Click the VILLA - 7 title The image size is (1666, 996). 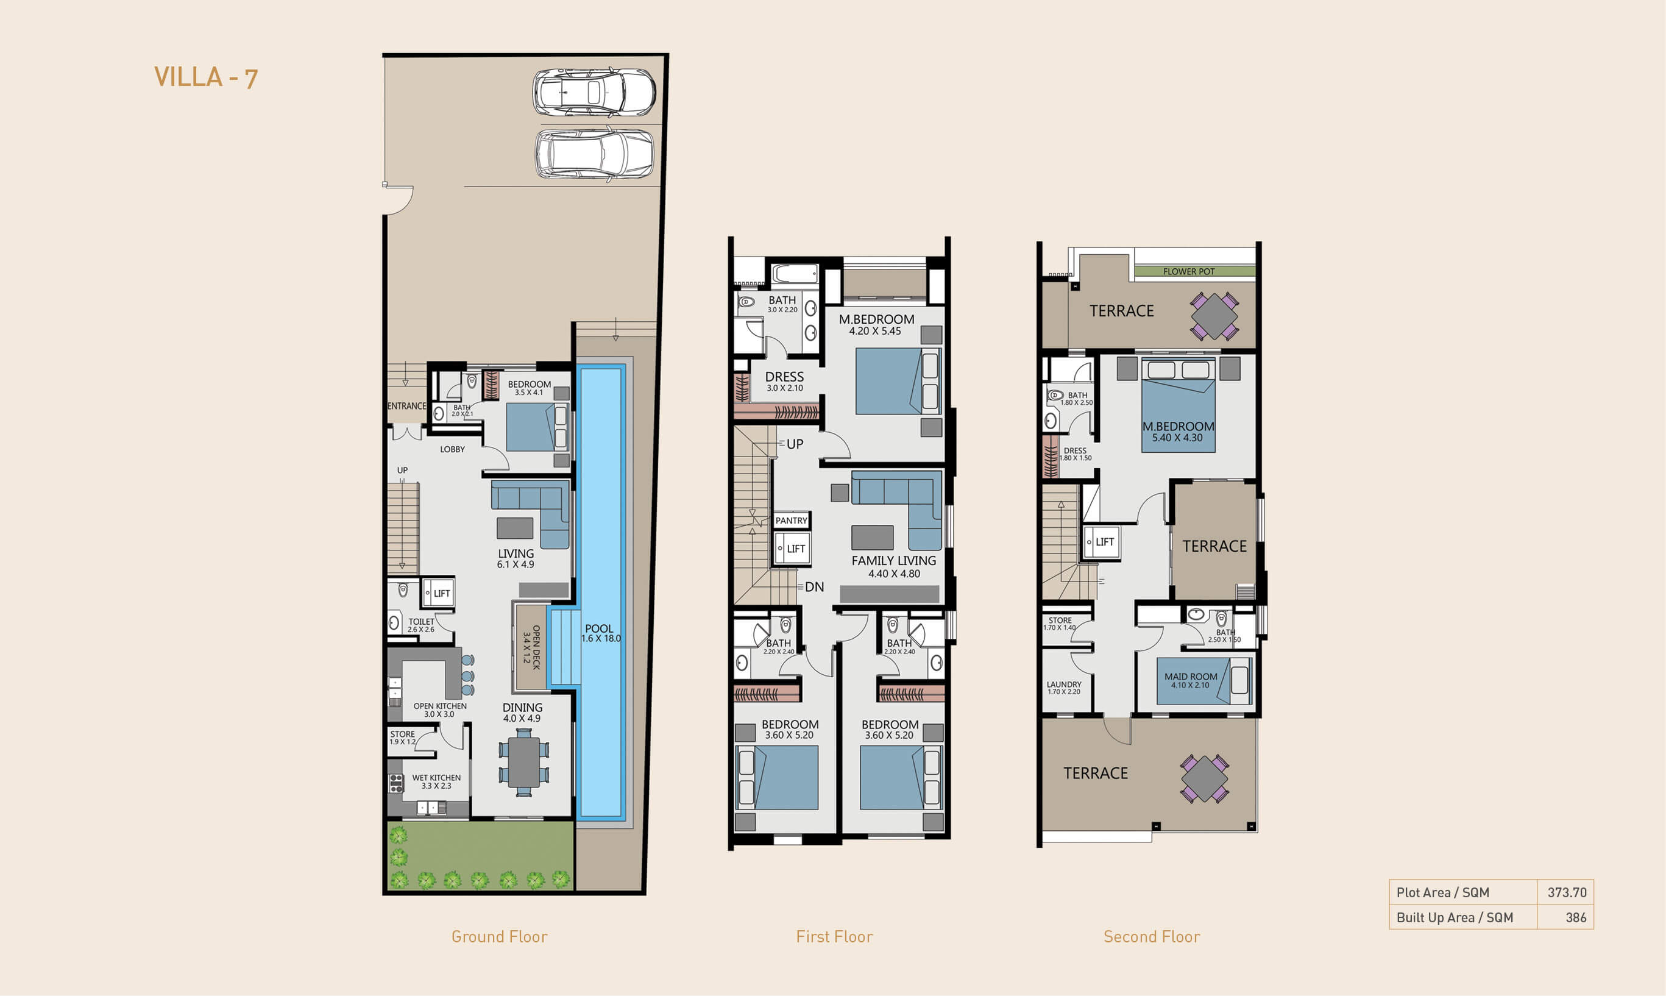pyautogui.click(x=206, y=77)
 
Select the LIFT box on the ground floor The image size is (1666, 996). pyautogui.click(x=438, y=593)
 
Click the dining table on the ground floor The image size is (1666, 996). pyautogui.click(x=524, y=762)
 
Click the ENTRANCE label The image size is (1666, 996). pyautogui.click(x=406, y=406)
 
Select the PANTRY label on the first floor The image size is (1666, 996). pyautogui.click(x=792, y=520)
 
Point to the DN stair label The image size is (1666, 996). pyautogui.click(x=815, y=587)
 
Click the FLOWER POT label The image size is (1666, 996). pyautogui.click(x=1189, y=272)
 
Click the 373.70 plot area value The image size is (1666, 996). pyautogui.click(x=1567, y=892)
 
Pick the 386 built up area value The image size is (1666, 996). pyautogui.click(x=1576, y=917)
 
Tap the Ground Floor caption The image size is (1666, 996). pyautogui.click(x=499, y=937)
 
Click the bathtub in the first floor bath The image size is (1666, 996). pyautogui.click(x=795, y=274)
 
